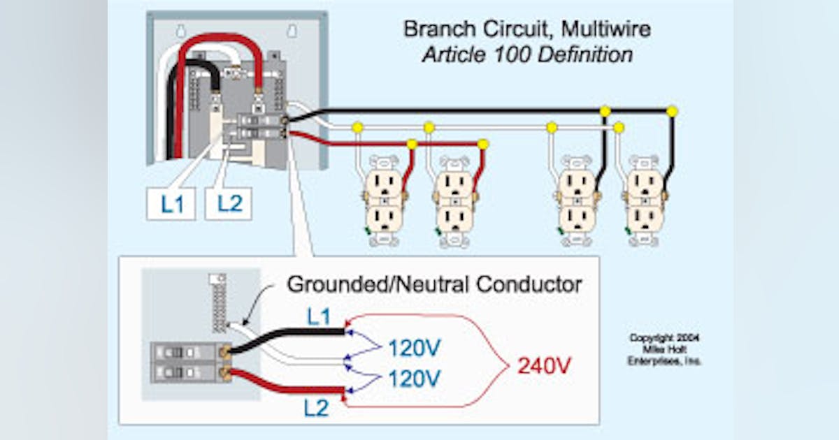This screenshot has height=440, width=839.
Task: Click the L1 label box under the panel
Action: pyautogui.click(x=171, y=204)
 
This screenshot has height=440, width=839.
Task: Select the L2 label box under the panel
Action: pyautogui.click(x=229, y=204)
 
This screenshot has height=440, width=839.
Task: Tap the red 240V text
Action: pyautogui.click(x=544, y=365)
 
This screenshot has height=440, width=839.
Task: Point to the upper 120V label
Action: pyautogui.click(x=415, y=347)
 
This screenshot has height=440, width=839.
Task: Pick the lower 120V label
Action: pyautogui.click(x=415, y=379)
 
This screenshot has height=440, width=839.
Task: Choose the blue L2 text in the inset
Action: pyautogui.click(x=316, y=408)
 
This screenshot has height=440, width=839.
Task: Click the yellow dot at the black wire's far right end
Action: pyautogui.click(x=672, y=111)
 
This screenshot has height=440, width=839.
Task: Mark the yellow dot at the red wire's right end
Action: pyautogui.click(x=482, y=145)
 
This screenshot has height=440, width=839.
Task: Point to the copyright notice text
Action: pyautogui.click(x=664, y=349)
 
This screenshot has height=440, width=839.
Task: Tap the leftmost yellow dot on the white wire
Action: pyautogui.click(x=357, y=127)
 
